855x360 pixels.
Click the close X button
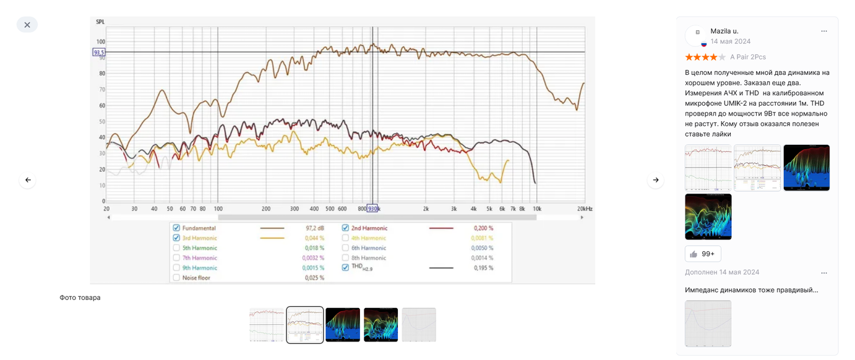point(27,25)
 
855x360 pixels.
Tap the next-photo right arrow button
point(656,180)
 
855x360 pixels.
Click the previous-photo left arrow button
point(28,180)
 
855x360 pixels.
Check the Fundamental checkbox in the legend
point(176,228)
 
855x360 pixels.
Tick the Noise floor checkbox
point(176,278)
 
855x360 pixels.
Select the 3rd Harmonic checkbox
point(176,238)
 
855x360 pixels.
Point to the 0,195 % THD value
point(483,268)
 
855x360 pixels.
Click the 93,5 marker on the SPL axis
point(99,53)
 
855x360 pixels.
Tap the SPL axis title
point(100,22)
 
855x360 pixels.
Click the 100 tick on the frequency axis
point(218,209)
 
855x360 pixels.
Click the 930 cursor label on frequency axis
point(372,209)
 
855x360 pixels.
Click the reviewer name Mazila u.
point(724,31)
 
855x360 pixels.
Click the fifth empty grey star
point(722,57)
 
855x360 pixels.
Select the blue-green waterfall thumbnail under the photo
point(343,325)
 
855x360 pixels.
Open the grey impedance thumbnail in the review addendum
point(708,324)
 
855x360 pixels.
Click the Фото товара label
point(80,298)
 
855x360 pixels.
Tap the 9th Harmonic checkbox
point(176,268)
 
